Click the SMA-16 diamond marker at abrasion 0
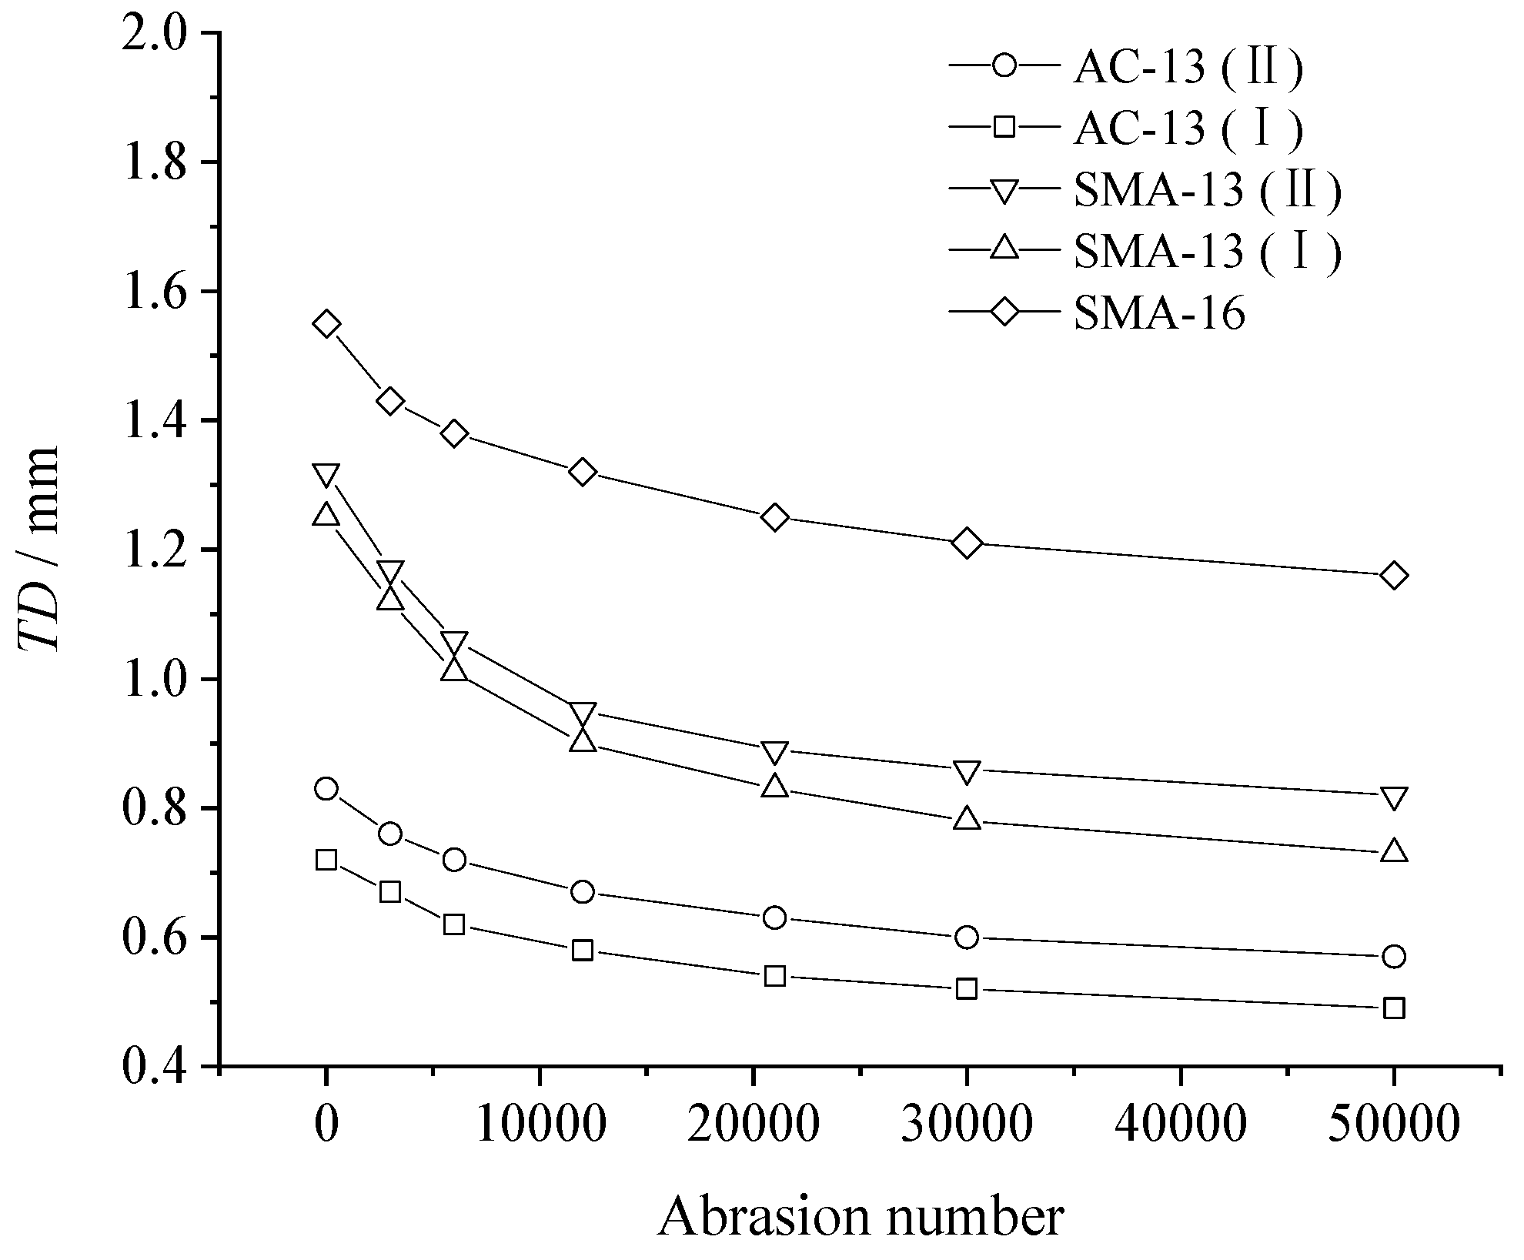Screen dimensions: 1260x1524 [x=326, y=324]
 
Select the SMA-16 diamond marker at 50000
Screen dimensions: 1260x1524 [x=1394, y=576]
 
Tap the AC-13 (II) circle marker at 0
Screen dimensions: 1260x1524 [x=326, y=789]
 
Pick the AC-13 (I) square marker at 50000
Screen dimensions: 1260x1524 [x=1394, y=1008]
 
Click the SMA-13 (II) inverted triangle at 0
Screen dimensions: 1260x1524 [x=326, y=475]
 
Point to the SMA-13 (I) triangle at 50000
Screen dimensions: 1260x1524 [x=1394, y=851]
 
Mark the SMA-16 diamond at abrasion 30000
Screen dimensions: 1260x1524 [x=968, y=543]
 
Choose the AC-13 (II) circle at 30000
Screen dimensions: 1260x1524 [x=968, y=937]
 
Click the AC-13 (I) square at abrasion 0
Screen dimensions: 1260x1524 [x=326, y=860]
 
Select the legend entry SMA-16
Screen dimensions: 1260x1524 [x=1158, y=314]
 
